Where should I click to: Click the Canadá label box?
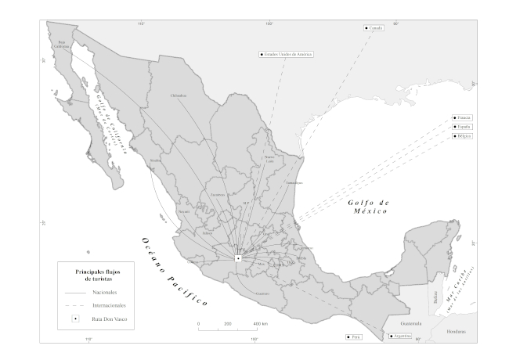[x=375, y=28]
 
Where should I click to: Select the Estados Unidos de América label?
[x=287, y=55]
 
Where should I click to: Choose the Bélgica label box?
[x=463, y=135]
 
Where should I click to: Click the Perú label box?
[x=354, y=337]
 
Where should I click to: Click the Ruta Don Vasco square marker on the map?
[x=238, y=257]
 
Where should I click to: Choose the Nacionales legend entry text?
[x=105, y=291]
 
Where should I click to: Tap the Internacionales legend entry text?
[x=109, y=304]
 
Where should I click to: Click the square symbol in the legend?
[x=75, y=319]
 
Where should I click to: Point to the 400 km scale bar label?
[x=260, y=323]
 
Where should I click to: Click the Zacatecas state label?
[x=218, y=193]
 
